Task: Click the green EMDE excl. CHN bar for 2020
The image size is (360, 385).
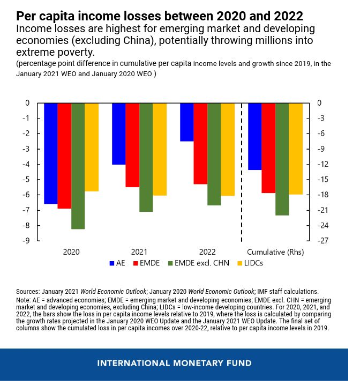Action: [78, 166]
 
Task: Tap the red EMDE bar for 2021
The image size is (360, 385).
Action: [132, 145]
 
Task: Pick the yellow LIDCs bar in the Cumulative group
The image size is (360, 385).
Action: [296, 149]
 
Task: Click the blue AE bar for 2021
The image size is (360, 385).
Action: [118, 134]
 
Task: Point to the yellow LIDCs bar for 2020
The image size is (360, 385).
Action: [92, 147]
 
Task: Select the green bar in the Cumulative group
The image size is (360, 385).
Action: [282, 159]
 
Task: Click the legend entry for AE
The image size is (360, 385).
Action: [117, 263]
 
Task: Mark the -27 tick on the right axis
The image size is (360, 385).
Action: [322, 241]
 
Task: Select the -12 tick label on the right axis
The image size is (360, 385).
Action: [322, 164]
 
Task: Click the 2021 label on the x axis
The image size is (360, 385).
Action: [139, 251]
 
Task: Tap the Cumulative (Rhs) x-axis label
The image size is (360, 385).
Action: [275, 251]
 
